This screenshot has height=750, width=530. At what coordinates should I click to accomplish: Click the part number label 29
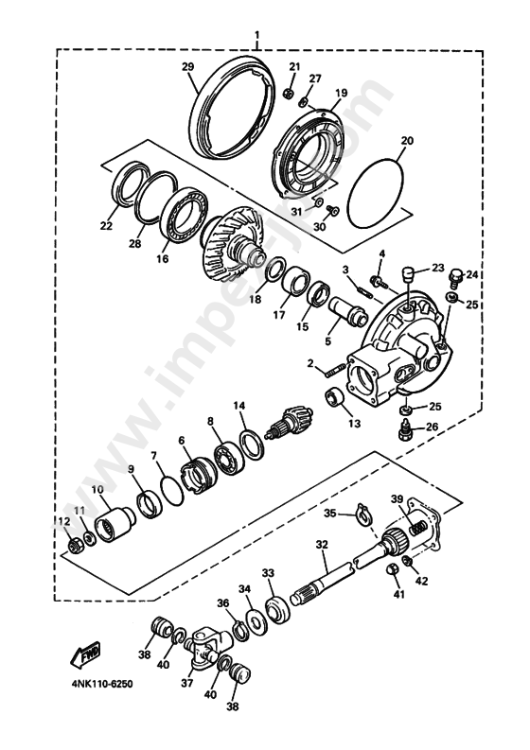187,65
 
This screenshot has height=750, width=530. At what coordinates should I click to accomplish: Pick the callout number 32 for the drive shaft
322,545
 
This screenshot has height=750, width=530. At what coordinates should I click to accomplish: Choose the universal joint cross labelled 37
204,648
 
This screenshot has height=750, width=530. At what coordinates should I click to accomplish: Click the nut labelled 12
72,546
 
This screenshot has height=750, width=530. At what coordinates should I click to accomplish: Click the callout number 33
268,573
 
